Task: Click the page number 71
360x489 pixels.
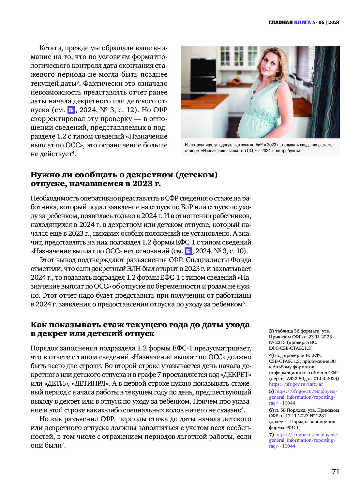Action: point(336,472)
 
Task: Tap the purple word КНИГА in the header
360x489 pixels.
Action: point(302,22)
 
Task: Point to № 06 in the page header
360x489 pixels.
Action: point(318,22)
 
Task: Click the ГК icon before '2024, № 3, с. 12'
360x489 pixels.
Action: point(71,110)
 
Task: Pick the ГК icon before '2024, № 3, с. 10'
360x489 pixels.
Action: point(188,251)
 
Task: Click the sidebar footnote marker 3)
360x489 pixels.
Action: point(271,331)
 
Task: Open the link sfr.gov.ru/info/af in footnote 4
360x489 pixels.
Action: point(296,384)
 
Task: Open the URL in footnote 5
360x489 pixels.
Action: point(303,397)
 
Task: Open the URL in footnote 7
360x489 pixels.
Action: point(303,440)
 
